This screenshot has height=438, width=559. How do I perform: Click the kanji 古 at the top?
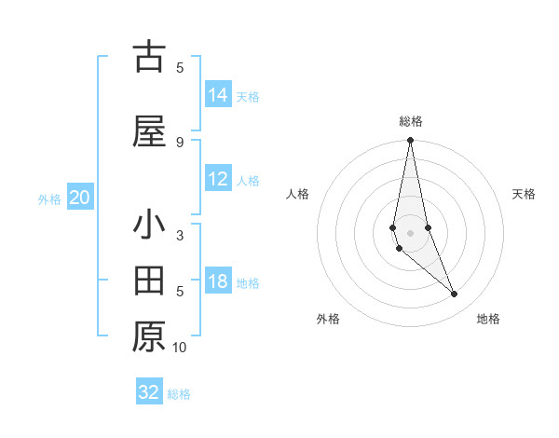pyautogui.click(x=150, y=58)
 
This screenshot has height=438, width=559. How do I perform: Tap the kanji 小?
pyautogui.click(x=150, y=225)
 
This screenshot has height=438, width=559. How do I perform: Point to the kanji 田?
pyautogui.click(x=150, y=280)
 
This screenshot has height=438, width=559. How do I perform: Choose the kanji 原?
pyautogui.click(x=150, y=335)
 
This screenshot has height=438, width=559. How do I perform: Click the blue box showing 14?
pyautogui.click(x=218, y=94)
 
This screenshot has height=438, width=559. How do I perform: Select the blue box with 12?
pyautogui.click(x=218, y=180)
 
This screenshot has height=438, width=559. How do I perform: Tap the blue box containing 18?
pyautogui.click(x=218, y=282)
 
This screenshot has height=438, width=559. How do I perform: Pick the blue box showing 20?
pyautogui.click(x=80, y=198)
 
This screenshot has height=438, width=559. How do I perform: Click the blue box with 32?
pyautogui.click(x=149, y=392)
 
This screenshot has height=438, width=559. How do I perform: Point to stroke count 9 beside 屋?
pyautogui.click(x=180, y=142)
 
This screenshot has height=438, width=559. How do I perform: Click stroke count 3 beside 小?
pyautogui.click(x=180, y=235)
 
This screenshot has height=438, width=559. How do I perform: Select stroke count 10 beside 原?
pyautogui.click(x=180, y=348)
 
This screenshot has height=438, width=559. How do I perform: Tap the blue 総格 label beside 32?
pyautogui.click(x=179, y=394)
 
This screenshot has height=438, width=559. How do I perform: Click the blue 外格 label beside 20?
pyautogui.click(x=49, y=198)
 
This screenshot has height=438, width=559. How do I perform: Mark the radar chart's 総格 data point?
pyautogui.click(x=410, y=141)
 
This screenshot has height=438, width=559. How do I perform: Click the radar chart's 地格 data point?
pyautogui.click(x=455, y=294)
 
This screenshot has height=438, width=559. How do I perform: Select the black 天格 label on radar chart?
pyautogui.click(x=525, y=194)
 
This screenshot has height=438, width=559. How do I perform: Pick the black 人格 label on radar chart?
pyautogui.click(x=298, y=194)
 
